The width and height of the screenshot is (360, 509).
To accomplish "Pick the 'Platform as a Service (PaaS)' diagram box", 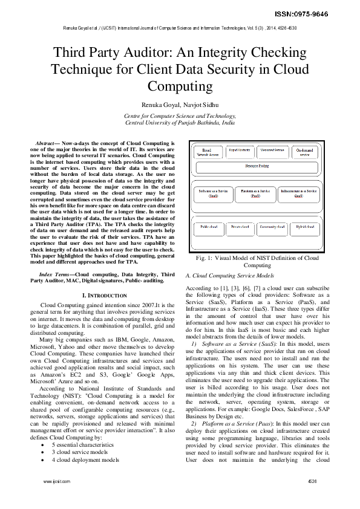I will coord(256,193).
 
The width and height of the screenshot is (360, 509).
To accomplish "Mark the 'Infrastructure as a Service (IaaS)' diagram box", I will coord(299,193).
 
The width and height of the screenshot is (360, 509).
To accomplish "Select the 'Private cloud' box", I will coord(240,228).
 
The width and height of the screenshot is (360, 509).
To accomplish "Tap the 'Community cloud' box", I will coord(272,228).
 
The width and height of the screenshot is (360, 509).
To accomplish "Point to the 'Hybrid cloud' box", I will coord(306,228).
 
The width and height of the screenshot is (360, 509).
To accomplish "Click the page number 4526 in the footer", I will coord(312,498).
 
